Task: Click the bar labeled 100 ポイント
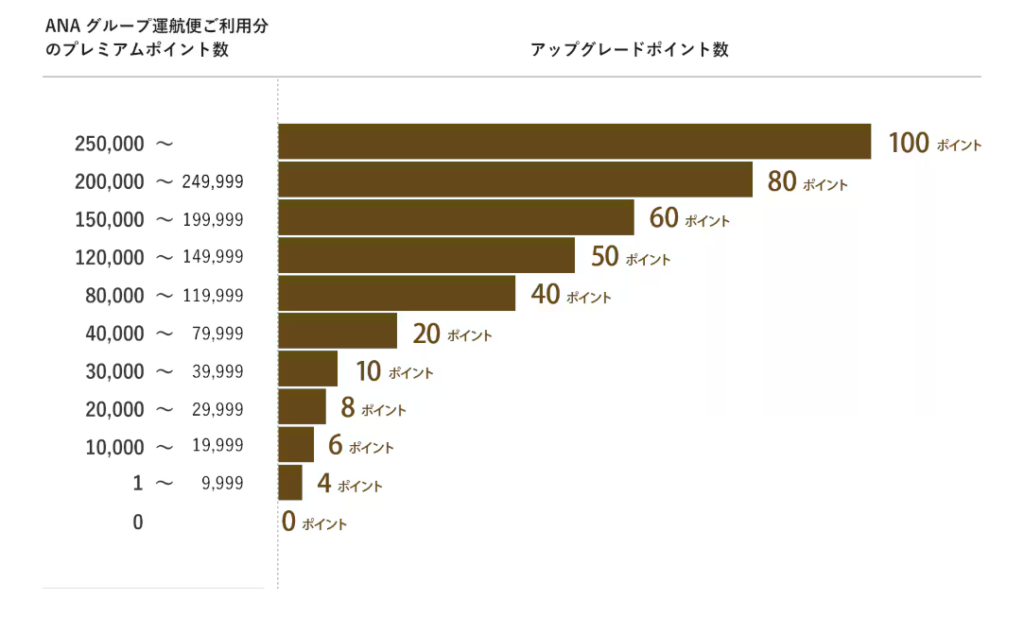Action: (x=574, y=141)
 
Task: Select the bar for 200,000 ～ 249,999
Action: (x=515, y=180)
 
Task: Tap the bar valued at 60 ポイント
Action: (x=456, y=218)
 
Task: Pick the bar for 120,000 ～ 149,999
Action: (x=426, y=256)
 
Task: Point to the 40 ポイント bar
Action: (x=396, y=294)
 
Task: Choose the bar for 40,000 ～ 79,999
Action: (x=337, y=332)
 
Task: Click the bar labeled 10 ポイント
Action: (x=308, y=369)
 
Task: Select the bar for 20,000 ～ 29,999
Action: (x=302, y=407)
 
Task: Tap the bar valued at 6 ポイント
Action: (x=296, y=445)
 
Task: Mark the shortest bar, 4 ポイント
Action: (x=290, y=483)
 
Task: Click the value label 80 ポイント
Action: (x=807, y=182)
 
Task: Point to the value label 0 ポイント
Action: (x=314, y=522)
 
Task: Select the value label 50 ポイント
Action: (x=630, y=257)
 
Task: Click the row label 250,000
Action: (x=109, y=144)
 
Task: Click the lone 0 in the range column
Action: (x=138, y=522)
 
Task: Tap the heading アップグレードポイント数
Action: (x=629, y=50)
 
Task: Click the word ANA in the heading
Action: (x=62, y=27)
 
